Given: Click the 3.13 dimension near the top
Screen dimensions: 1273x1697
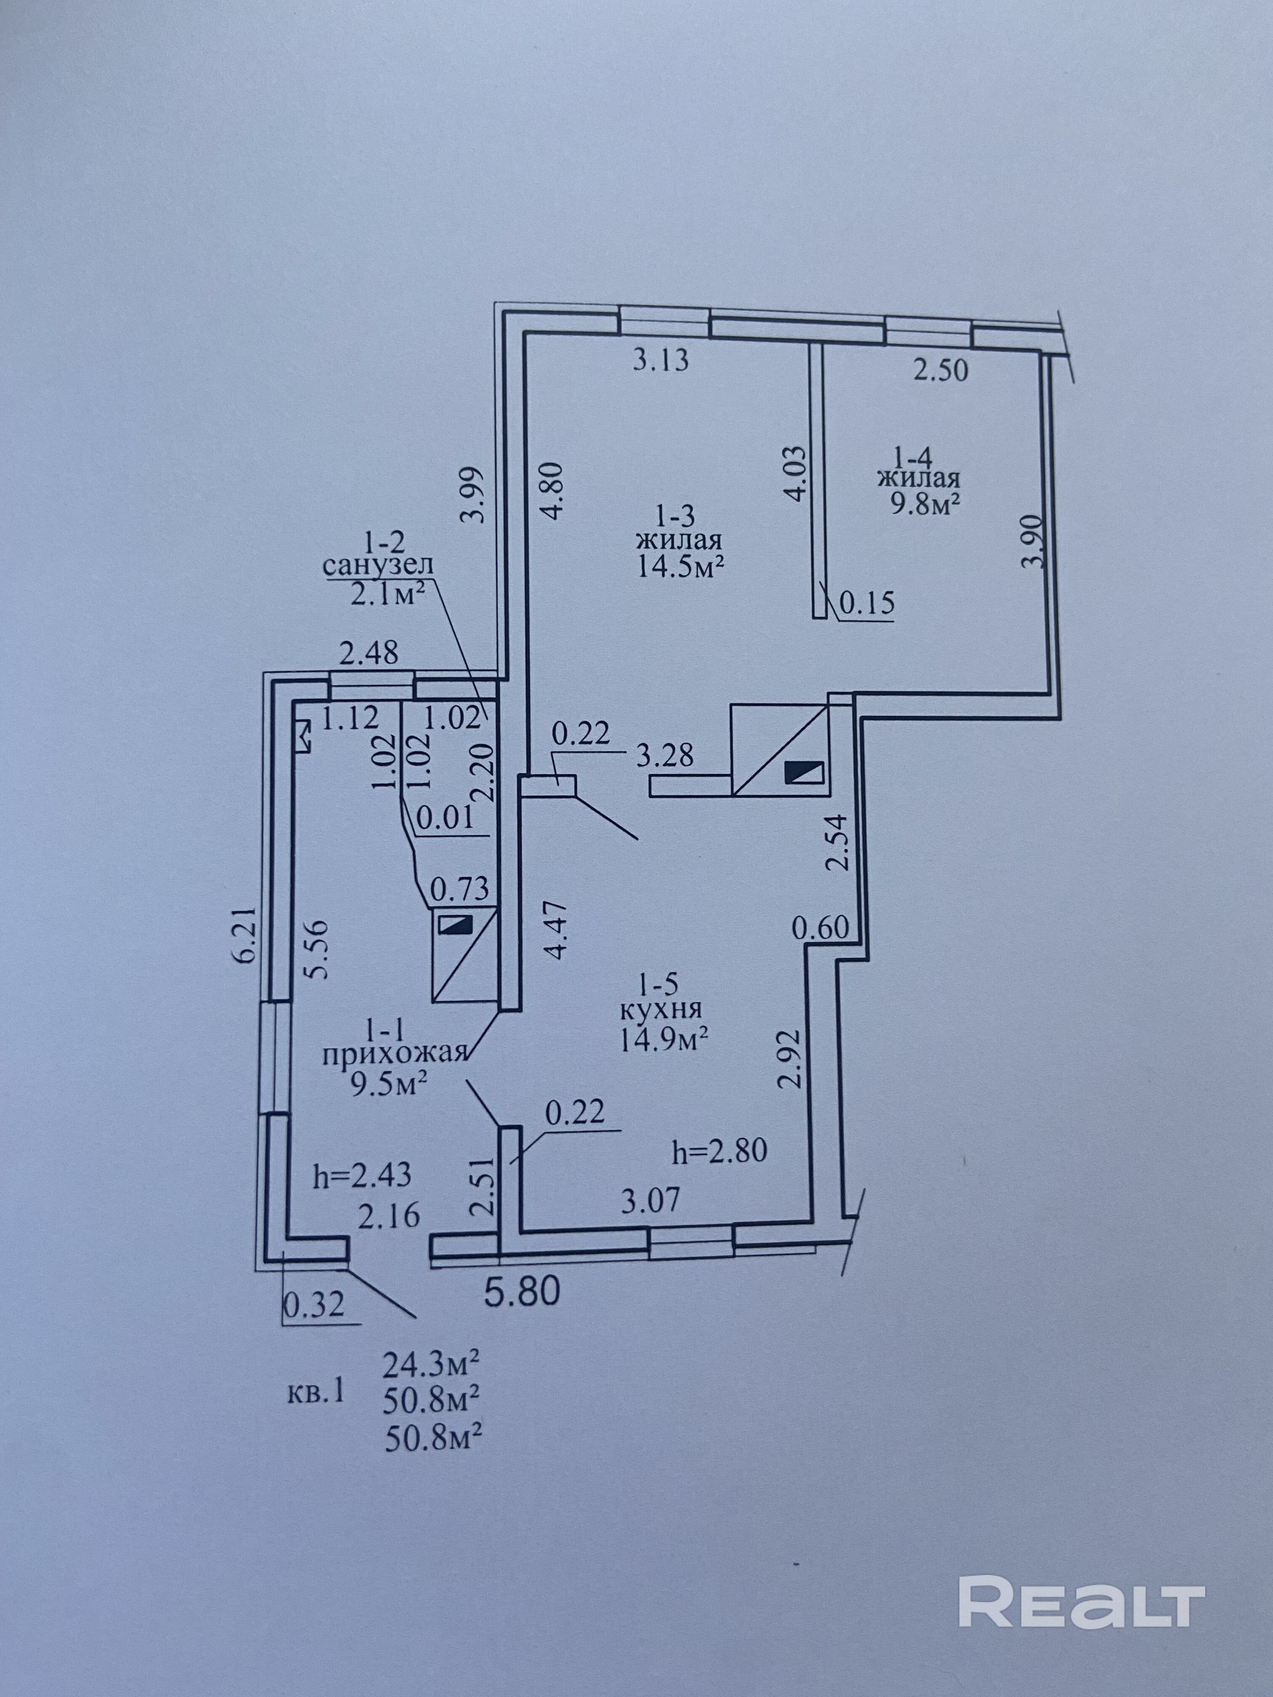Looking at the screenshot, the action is [660, 360].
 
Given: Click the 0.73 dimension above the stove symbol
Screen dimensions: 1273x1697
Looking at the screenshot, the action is [460, 889].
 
